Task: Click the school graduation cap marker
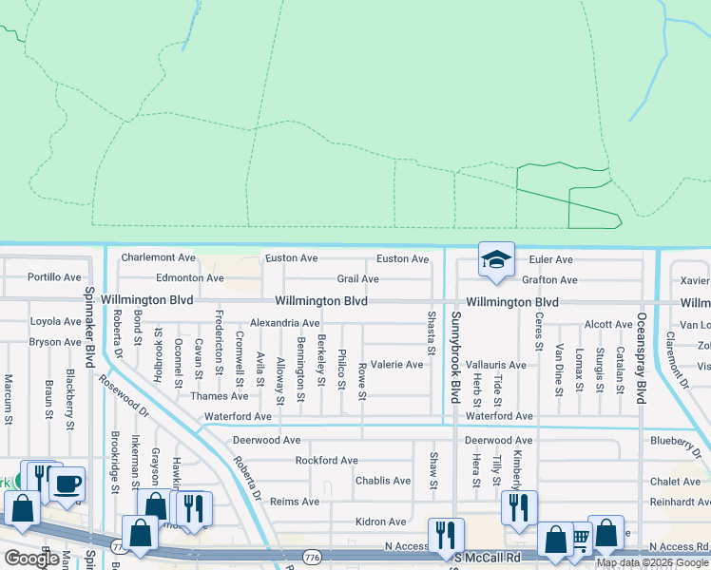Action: [496, 259]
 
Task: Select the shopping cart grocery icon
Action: [580, 539]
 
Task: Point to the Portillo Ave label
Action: [54, 277]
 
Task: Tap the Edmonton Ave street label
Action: [190, 278]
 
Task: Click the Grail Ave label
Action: [357, 279]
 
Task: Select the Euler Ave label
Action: [550, 259]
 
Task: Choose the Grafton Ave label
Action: [549, 280]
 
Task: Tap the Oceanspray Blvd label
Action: [642, 348]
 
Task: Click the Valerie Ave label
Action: [396, 365]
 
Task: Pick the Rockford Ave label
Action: [326, 461]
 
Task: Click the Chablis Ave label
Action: [382, 481]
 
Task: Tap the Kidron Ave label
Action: [380, 522]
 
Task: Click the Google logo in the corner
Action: [30, 559]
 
